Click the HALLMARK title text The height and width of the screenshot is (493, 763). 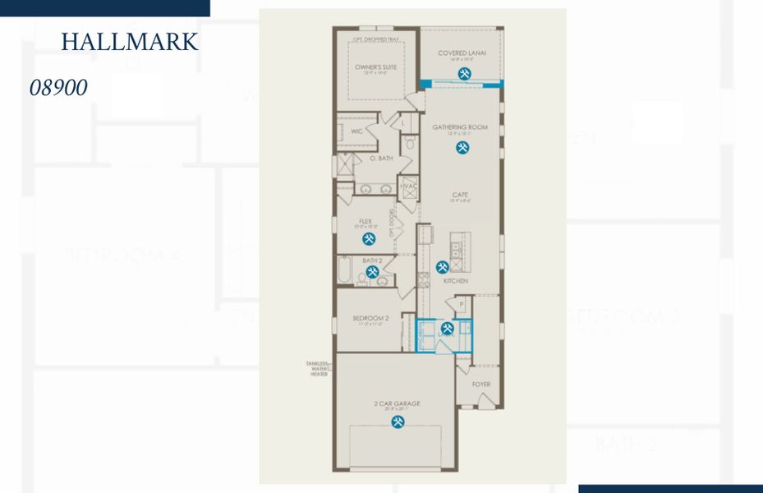point(130,42)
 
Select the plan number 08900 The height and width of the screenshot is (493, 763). point(58,88)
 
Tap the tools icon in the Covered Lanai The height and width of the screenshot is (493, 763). point(464,74)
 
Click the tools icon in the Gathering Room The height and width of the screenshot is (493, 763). point(462,148)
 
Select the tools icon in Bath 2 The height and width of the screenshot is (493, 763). point(372,271)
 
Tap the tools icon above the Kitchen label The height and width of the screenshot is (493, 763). point(443,267)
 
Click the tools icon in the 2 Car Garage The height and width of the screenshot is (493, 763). point(398,422)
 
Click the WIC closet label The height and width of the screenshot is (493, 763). point(356,131)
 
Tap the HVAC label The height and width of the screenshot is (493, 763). point(408,186)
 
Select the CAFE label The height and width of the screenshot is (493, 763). point(460,195)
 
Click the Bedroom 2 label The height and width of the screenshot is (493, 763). point(370,317)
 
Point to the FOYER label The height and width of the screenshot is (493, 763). point(480,384)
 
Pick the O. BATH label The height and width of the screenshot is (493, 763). point(380,158)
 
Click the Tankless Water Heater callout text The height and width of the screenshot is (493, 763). point(316,369)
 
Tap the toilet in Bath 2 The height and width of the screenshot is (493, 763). point(361,279)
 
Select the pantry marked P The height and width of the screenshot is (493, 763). point(462,304)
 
